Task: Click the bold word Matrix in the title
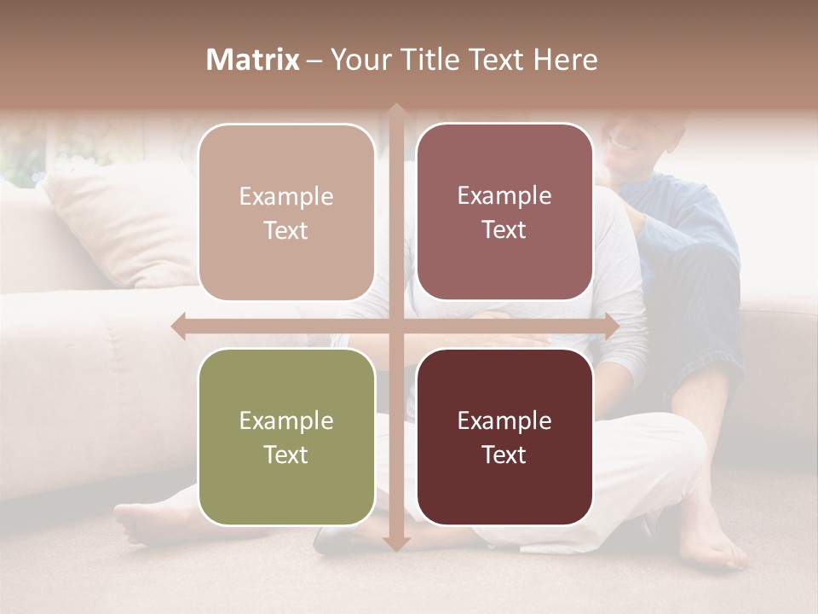253,60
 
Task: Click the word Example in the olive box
286,420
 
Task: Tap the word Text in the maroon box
504,455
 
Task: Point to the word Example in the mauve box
504,195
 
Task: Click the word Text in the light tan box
286,230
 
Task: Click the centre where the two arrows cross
395,326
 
